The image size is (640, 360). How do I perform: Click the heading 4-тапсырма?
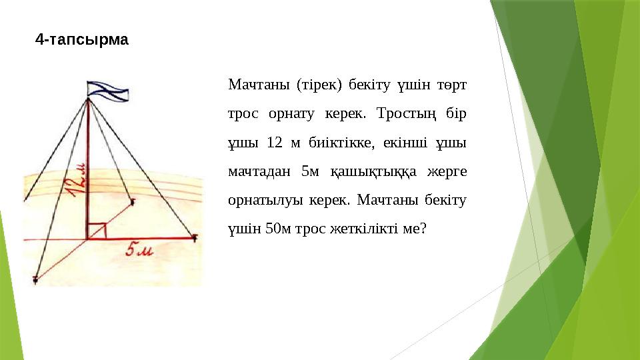click(82, 40)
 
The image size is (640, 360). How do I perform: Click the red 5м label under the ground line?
click(140, 251)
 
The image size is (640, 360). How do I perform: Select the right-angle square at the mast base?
click(97, 230)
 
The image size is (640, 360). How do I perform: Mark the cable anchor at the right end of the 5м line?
click(195, 237)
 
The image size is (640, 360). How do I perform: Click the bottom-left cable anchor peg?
click(35, 280)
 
